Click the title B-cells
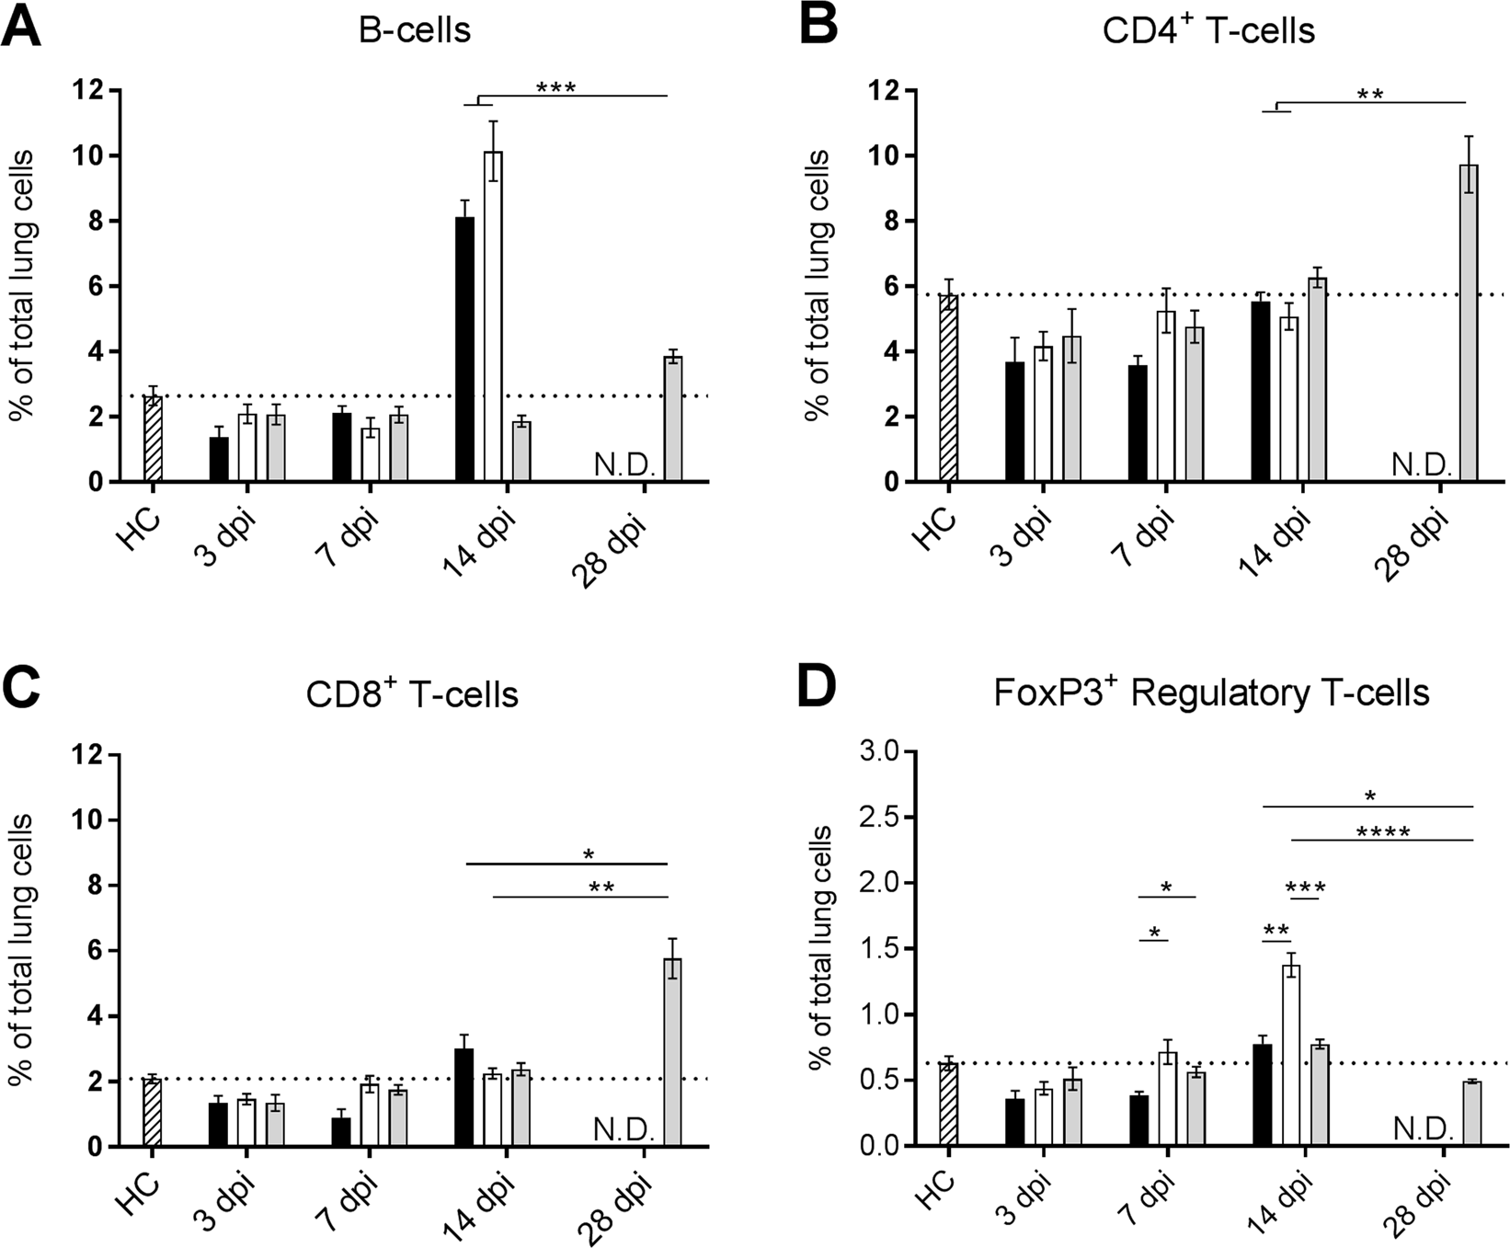(x=414, y=29)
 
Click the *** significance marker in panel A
(x=555, y=88)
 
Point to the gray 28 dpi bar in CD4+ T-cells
(x=1469, y=322)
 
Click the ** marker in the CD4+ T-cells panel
(x=1369, y=95)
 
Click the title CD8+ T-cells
(x=412, y=694)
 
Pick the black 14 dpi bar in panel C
(x=464, y=1097)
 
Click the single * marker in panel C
(x=589, y=855)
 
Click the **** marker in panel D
(x=1382, y=833)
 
